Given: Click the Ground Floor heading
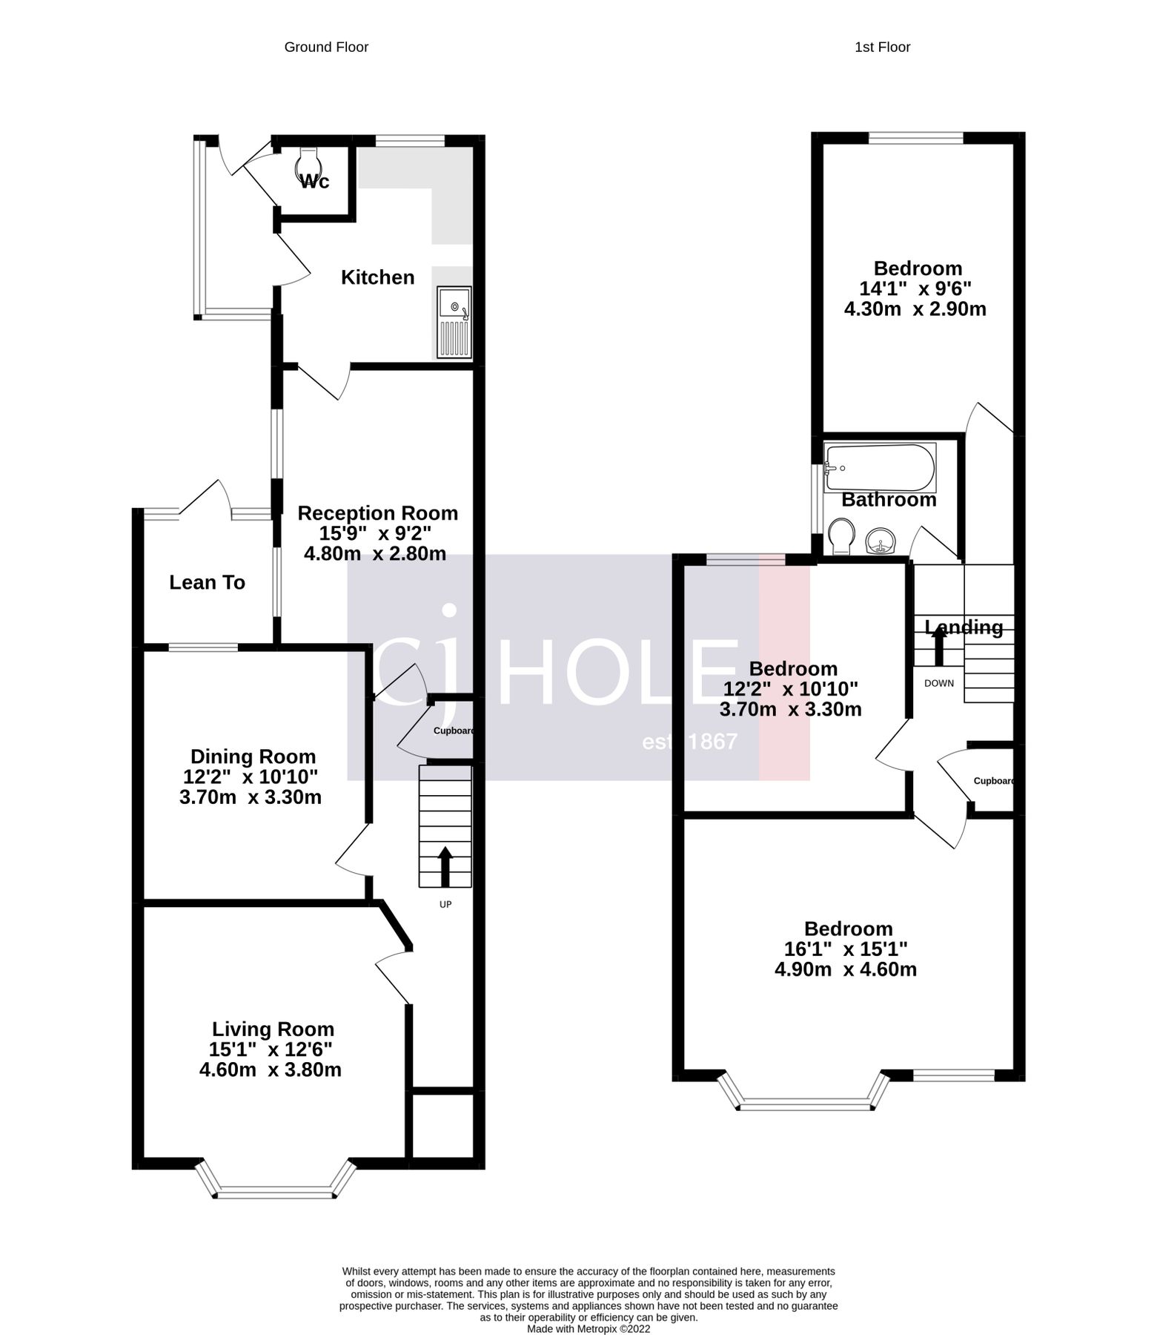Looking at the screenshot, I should [326, 47].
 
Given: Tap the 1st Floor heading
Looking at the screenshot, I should [882, 47].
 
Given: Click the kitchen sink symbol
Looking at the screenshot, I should [454, 322].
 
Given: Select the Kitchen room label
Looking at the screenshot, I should [377, 277].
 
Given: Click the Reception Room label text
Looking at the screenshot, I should [377, 513].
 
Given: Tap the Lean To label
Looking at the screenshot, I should [207, 583].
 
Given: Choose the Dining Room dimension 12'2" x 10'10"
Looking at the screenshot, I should [251, 777].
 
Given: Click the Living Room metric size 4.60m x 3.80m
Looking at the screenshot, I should [270, 1069].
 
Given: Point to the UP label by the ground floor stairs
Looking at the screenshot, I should [445, 904].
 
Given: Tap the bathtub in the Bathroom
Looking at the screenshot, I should [881, 467].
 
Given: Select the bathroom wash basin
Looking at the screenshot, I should [881, 541].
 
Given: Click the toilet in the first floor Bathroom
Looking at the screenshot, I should [841, 535].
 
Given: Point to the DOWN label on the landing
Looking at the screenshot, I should [939, 683].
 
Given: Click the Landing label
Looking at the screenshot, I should [964, 627].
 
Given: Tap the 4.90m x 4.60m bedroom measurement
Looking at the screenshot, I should [846, 969].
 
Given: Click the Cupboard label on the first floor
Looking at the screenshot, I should [992, 781].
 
